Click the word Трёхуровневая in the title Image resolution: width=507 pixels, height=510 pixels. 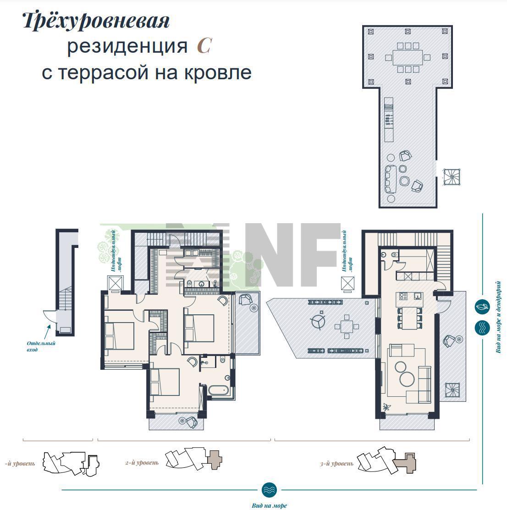click(96, 22)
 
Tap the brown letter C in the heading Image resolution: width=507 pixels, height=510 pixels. click(204, 46)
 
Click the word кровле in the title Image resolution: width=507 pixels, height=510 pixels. click(218, 72)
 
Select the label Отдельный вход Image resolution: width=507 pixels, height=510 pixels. click(41, 346)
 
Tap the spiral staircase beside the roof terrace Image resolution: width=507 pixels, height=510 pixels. click(452, 177)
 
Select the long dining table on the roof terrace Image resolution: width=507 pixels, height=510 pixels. click(408, 58)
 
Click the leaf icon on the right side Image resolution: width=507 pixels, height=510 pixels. click(482, 307)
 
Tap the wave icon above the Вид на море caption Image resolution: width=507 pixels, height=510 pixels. click(269, 489)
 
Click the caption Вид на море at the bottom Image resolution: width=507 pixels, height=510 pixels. click(270, 505)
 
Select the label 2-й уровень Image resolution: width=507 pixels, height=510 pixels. click(142, 462)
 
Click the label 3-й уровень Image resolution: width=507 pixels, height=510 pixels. click(336, 463)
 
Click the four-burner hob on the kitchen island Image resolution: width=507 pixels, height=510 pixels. click(403, 296)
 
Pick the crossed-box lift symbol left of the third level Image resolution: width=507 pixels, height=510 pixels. click(347, 283)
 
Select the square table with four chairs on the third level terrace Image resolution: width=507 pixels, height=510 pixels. click(347, 326)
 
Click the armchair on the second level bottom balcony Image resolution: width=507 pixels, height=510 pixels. click(191, 422)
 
